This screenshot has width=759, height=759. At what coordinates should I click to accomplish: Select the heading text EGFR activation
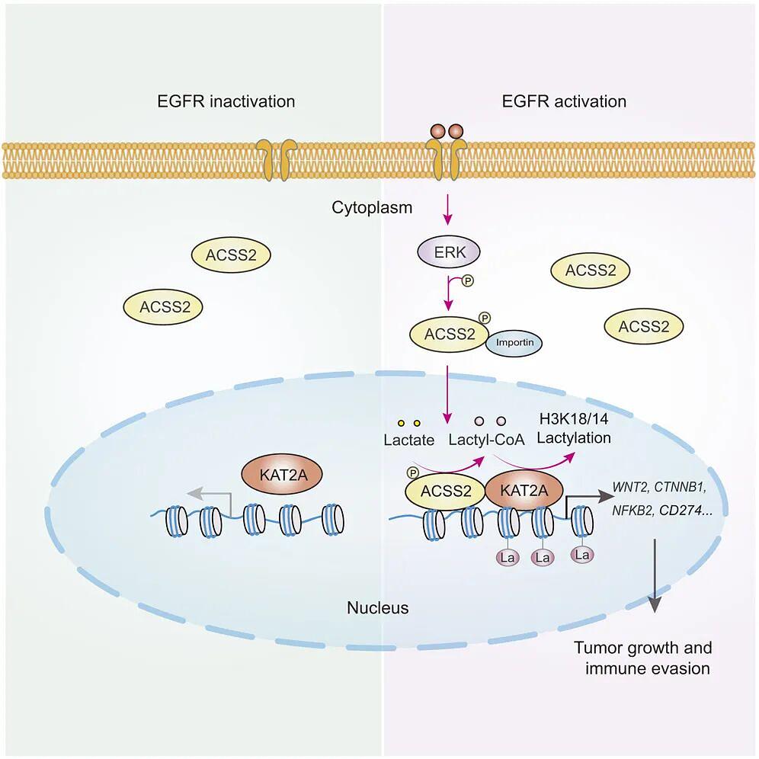pos(564,101)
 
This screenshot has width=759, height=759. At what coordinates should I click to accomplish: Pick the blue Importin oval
pos(514,343)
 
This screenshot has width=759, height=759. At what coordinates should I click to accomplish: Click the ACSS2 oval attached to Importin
pos(447,334)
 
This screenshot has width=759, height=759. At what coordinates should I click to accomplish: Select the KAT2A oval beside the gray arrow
pos(281,474)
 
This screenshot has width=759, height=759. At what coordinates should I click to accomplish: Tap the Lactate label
pos(408,440)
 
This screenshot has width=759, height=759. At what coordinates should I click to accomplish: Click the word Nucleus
pos(378,608)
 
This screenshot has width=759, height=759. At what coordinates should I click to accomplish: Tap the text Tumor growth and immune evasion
pos(642,658)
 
